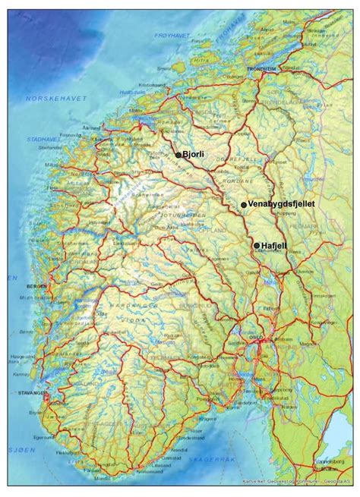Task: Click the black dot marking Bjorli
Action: tap(178, 155)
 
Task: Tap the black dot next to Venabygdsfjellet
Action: tap(244, 205)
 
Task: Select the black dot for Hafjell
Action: tap(257, 245)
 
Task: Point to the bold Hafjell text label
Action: tap(275, 245)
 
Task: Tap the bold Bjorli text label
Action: tap(193, 155)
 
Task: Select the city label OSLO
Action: tap(257, 339)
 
